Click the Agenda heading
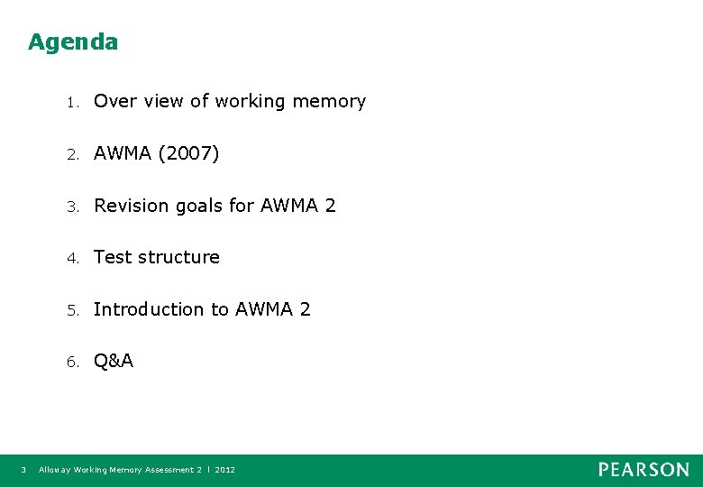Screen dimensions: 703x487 [x=73, y=42]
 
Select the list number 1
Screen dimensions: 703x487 [x=71, y=102]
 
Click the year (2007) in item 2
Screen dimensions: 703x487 [x=188, y=154]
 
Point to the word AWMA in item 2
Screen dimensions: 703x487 [x=123, y=154]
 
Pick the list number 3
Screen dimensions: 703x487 [x=71, y=207]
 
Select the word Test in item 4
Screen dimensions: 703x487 [x=113, y=258]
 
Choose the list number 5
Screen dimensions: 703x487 [x=71, y=310]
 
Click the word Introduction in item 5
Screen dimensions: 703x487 [x=149, y=309]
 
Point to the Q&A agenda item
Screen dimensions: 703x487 [x=114, y=362]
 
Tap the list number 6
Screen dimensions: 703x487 [x=71, y=363]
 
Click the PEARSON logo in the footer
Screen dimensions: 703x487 [x=644, y=470]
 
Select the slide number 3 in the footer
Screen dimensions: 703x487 [x=23, y=470]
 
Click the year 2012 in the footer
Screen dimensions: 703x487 [x=225, y=470]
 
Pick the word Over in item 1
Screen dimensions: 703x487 [x=114, y=102]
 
